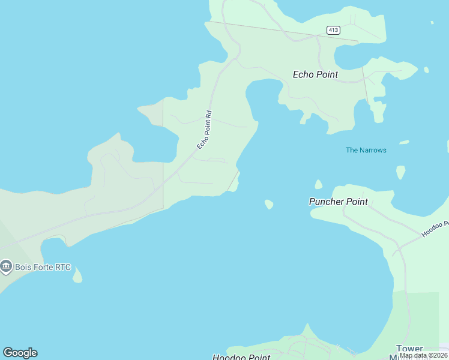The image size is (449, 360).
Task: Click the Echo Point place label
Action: click(x=315, y=75)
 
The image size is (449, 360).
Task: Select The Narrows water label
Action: click(x=366, y=150)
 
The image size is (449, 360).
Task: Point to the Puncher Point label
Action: click(x=338, y=202)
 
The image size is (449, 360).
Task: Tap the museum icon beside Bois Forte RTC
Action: click(x=7, y=266)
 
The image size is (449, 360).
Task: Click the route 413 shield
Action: click(x=334, y=30)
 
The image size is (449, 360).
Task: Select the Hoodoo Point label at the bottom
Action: click(x=241, y=357)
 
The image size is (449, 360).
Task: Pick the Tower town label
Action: click(x=409, y=349)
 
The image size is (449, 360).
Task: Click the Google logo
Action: click(x=20, y=353)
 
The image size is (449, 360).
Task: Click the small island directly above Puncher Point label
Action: click(x=318, y=184)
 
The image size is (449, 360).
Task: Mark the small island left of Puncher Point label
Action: click(x=269, y=205)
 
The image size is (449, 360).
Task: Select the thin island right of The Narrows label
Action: click(x=404, y=142)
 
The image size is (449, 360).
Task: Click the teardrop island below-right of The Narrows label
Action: click(x=400, y=172)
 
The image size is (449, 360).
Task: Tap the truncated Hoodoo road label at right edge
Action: click(x=435, y=228)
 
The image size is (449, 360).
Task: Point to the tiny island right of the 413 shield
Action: click(x=432, y=23)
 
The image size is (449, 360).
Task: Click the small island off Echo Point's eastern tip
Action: click(x=426, y=70)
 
